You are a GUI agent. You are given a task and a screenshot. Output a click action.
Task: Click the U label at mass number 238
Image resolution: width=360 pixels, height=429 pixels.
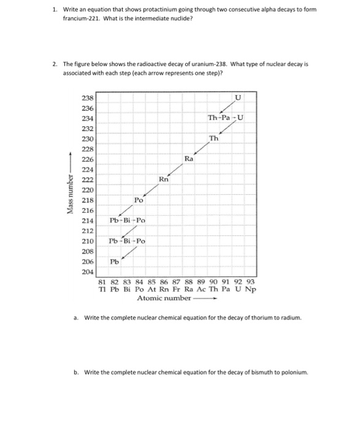point(238,97)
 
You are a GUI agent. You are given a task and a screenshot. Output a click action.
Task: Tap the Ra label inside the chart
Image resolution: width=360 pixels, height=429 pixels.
point(189,159)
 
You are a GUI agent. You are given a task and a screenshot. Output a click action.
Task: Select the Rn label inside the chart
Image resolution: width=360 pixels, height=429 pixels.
point(163,179)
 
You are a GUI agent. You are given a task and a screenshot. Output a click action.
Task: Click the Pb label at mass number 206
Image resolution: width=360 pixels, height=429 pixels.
point(115,262)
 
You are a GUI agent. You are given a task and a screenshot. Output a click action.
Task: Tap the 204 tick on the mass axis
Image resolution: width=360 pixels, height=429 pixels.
point(88,271)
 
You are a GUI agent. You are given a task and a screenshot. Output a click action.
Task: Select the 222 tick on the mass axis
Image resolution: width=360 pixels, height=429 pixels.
point(88,179)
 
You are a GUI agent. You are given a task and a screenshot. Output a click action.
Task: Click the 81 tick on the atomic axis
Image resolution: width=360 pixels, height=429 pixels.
point(103,281)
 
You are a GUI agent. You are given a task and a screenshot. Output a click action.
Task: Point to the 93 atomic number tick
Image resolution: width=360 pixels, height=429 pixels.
point(250,281)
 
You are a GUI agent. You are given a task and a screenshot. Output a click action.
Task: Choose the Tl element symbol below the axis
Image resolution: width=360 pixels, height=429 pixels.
point(103,289)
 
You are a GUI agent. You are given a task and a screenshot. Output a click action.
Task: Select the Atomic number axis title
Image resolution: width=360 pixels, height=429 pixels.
point(164,298)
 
